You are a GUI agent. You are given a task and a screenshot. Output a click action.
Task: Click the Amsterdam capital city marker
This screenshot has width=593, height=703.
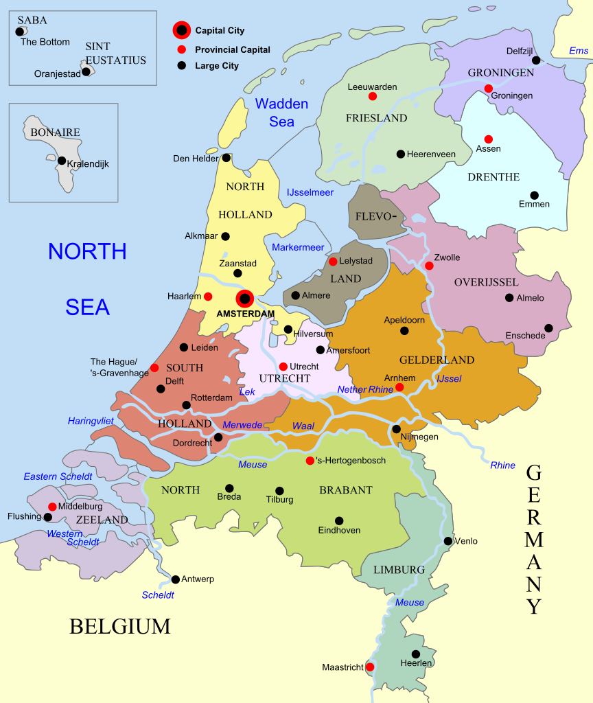[x=245, y=299]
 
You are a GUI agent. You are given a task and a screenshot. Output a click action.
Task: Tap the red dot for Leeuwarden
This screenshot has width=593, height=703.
[x=373, y=96]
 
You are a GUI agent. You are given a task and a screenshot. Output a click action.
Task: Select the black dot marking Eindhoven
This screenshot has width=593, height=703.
[x=339, y=520]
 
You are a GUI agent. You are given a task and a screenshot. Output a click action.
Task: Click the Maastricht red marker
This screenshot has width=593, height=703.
[x=370, y=667]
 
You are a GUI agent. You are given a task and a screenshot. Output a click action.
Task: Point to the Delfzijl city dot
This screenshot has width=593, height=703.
[x=535, y=60]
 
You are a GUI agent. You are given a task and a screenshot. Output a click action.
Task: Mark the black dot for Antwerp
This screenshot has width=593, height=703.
[x=176, y=579]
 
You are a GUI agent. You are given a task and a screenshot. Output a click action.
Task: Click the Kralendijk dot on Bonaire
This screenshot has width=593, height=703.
[x=62, y=161]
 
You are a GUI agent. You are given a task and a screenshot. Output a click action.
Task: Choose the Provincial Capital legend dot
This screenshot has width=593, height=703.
[x=181, y=49]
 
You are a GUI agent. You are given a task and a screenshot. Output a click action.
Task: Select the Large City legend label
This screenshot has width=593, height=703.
[x=217, y=66]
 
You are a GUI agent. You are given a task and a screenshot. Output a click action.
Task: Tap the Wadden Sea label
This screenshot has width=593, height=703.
[x=281, y=113]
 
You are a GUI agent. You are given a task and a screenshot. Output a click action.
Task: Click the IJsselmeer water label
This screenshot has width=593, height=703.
[x=310, y=192]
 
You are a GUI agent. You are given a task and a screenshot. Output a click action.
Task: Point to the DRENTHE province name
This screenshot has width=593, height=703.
[x=493, y=177]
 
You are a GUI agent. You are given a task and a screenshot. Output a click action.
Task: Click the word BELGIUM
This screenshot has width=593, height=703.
[x=119, y=626]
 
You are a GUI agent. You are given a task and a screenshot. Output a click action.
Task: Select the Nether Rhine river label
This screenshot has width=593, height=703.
[x=365, y=389]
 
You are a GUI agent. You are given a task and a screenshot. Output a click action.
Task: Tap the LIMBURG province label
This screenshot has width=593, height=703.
[x=399, y=570]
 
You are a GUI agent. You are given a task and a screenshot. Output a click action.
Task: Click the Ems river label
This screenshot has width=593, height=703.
[x=579, y=51]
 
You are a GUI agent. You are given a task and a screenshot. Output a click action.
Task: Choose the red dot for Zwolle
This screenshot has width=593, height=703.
[x=429, y=266]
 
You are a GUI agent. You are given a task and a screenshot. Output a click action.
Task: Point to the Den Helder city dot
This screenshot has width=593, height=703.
[x=226, y=158]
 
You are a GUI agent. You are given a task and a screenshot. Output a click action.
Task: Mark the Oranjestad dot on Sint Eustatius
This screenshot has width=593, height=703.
[x=86, y=71]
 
